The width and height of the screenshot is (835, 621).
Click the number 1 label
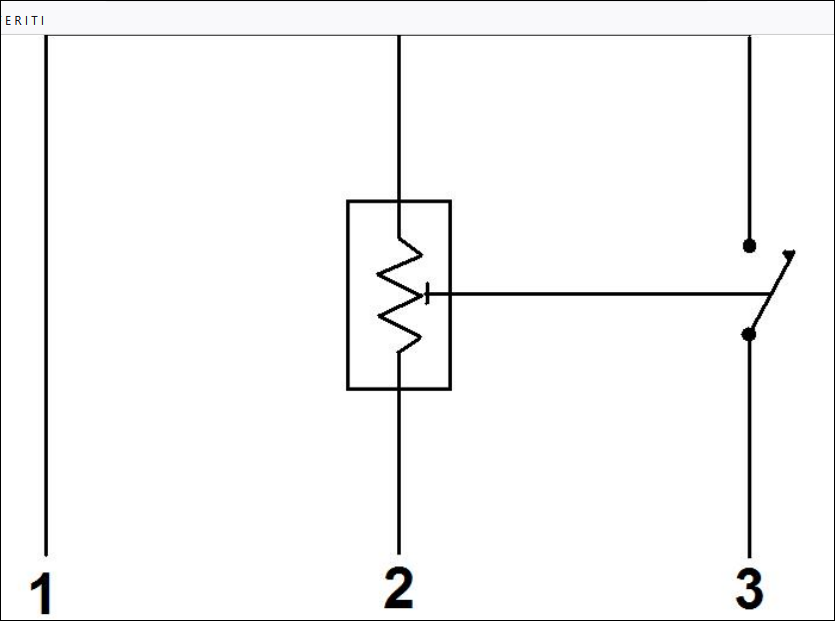pyautogui.click(x=40, y=595)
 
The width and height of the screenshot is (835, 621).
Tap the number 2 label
pyautogui.click(x=398, y=588)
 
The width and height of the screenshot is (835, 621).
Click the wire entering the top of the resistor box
pyautogui.click(x=399, y=120)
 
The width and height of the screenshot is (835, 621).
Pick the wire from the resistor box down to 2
pyautogui.click(x=399, y=468)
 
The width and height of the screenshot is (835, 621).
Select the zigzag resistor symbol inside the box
pyautogui.click(x=399, y=294)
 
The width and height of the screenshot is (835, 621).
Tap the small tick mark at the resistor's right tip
pyautogui.click(x=427, y=294)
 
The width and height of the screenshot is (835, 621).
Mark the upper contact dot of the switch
pyautogui.click(x=749, y=245)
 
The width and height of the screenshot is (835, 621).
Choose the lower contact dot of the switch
pyautogui.click(x=749, y=335)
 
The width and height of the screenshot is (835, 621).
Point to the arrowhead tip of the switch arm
pyautogui.click(x=792, y=253)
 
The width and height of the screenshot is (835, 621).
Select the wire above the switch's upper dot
pyautogui.click(x=749, y=140)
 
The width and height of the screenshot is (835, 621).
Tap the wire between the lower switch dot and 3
pyautogui.click(x=749, y=449)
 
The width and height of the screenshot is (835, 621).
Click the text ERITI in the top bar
pyautogui.click(x=25, y=20)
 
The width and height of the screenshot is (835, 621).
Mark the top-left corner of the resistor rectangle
pyautogui.click(x=348, y=201)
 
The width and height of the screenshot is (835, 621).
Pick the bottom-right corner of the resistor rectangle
pyautogui.click(x=450, y=388)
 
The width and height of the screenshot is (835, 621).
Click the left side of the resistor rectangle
pyautogui.click(x=348, y=294)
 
